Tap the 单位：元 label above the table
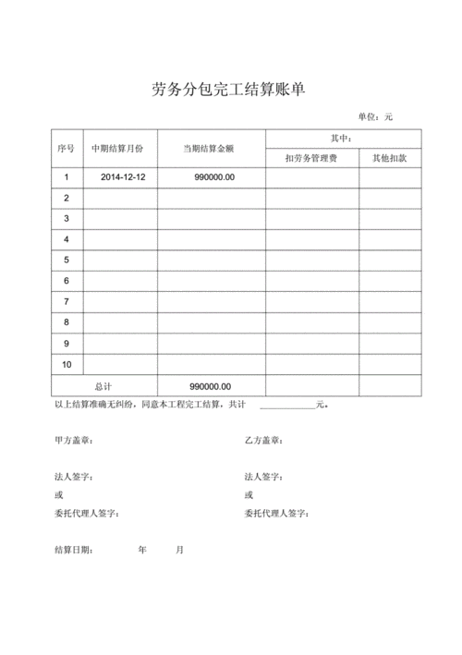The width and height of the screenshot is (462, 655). click(x=375, y=116)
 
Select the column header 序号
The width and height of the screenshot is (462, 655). click(x=65, y=148)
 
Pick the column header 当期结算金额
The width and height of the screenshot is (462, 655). click(x=212, y=148)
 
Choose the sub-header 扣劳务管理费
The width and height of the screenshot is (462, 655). click(x=311, y=158)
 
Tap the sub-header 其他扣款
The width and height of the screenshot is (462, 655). click(x=389, y=158)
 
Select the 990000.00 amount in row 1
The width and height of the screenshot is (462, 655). click(x=214, y=177)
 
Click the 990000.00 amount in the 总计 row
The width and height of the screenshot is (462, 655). click(x=210, y=386)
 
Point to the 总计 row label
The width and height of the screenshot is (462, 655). click(x=103, y=386)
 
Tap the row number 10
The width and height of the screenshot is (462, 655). click(x=67, y=364)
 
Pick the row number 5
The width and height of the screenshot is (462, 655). click(x=67, y=260)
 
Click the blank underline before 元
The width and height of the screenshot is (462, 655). click(x=286, y=405)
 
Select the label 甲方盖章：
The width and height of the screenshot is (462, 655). click(x=74, y=441)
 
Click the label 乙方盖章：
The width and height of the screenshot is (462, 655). click(x=263, y=441)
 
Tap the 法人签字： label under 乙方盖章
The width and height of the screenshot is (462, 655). click(x=263, y=477)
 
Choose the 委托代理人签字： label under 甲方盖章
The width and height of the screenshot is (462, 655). click(x=87, y=514)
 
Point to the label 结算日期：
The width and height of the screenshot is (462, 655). click(x=74, y=550)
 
